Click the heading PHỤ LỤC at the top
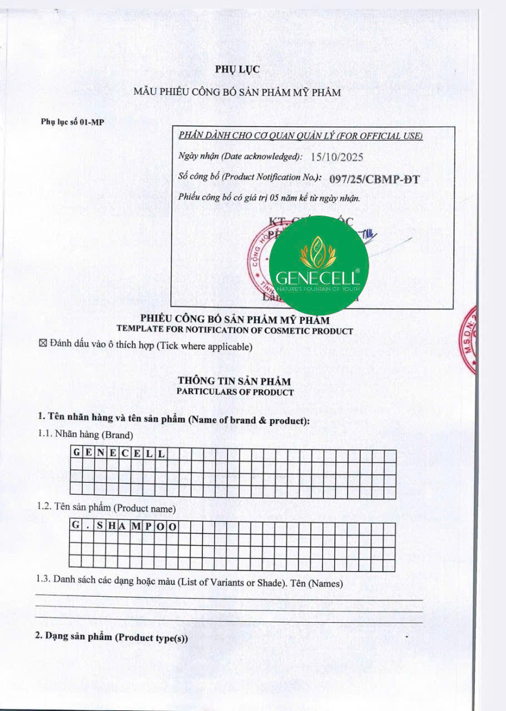click(x=237, y=69)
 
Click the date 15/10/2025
click(x=337, y=157)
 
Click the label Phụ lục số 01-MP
click(x=72, y=122)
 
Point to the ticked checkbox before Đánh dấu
click(x=43, y=346)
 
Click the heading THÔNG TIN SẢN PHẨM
click(x=234, y=382)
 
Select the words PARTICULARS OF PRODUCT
click(x=235, y=392)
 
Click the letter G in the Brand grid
click(x=76, y=453)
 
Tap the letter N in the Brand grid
click(x=100, y=453)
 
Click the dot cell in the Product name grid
click(x=88, y=526)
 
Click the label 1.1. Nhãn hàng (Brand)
click(x=86, y=434)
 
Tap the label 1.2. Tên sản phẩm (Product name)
click(x=107, y=508)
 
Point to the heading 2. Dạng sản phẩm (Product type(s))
click(x=112, y=638)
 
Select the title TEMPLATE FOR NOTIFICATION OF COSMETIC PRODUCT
click(x=235, y=331)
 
